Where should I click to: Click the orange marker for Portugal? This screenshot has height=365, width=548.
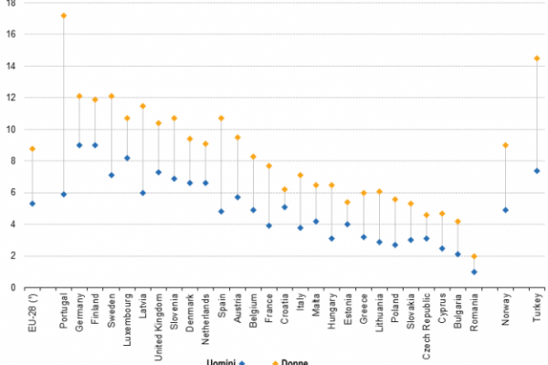[x=63, y=16]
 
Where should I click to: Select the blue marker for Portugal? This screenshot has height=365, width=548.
[x=63, y=193]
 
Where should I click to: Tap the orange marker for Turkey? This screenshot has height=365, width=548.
[x=537, y=58]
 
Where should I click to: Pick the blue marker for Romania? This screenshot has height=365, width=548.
[x=474, y=271]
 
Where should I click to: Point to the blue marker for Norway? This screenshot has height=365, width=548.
[x=505, y=210]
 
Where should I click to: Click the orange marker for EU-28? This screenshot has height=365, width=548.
[x=32, y=149]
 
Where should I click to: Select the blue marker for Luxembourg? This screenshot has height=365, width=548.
[x=127, y=158]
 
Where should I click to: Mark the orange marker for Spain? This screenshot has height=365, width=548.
[x=221, y=118]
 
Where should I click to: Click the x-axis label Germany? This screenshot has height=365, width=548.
[x=80, y=310]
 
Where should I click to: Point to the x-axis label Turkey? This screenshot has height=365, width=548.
[x=537, y=307]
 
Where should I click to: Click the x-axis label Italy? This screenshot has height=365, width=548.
[x=300, y=302]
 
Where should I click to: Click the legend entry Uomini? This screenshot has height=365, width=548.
[x=221, y=361]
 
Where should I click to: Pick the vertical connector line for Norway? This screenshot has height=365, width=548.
[x=505, y=178]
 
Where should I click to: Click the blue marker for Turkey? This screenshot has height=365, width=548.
[x=537, y=171]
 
